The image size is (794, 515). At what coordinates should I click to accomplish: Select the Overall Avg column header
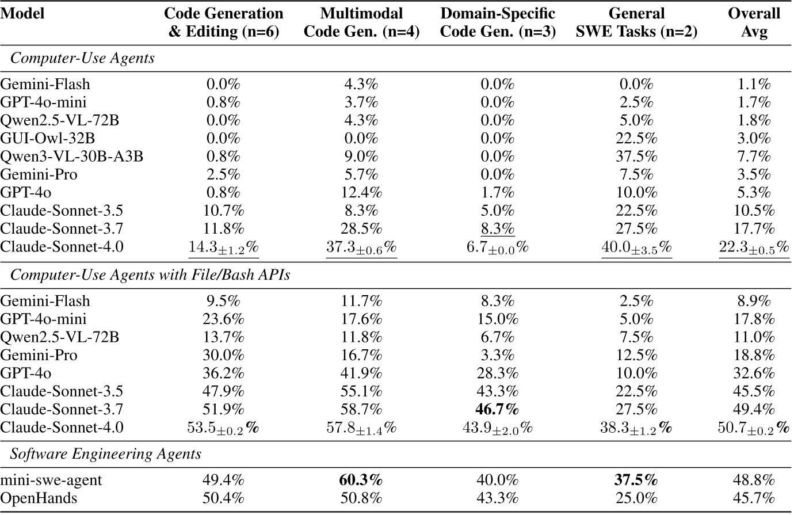pyautogui.click(x=754, y=22)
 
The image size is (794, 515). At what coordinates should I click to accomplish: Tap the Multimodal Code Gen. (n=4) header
pyautogui.click(x=361, y=22)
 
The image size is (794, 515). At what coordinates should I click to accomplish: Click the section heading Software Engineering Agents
pyautogui.click(x=106, y=454)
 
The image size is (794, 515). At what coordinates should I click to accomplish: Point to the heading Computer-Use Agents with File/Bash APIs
pyautogui.click(x=150, y=275)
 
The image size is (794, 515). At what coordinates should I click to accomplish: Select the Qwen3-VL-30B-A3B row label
pyautogui.click(x=71, y=157)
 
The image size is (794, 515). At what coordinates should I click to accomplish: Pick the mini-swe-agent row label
pyautogui.click(x=51, y=480)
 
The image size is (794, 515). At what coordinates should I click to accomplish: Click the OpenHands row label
pyautogui.click(x=39, y=498)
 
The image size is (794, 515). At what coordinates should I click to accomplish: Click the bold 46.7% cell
pyautogui.click(x=498, y=409)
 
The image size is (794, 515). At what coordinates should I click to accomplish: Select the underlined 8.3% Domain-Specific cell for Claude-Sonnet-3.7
pyautogui.click(x=498, y=229)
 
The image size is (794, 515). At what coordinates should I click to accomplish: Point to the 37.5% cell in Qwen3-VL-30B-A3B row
pyautogui.click(x=636, y=157)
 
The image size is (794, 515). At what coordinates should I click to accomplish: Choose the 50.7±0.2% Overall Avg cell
pyautogui.click(x=754, y=428)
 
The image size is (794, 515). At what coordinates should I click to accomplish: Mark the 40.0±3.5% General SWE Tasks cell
pyautogui.click(x=636, y=247)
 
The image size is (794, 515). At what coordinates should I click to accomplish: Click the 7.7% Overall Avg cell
pyautogui.click(x=754, y=157)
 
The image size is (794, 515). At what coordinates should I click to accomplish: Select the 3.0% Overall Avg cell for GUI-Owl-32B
pyautogui.click(x=754, y=139)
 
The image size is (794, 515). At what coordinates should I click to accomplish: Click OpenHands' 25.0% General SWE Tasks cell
pyautogui.click(x=636, y=498)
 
